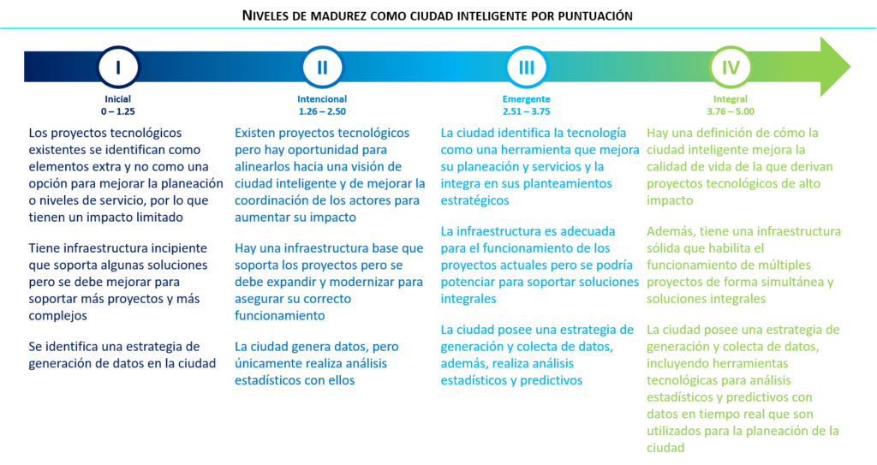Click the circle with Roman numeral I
118,69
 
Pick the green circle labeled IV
730,69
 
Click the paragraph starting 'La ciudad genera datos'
325,363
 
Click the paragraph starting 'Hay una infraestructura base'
329,281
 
